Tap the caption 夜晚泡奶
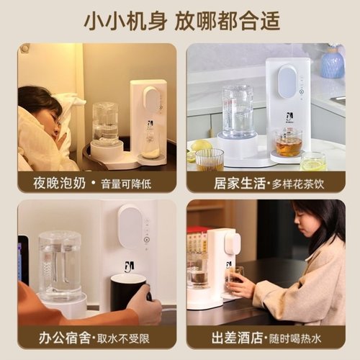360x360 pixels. [54, 183]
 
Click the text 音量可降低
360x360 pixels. [130, 184]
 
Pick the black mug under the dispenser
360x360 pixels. [127, 291]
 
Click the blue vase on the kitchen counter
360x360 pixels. [332, 63]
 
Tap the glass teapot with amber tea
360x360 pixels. [287, 143]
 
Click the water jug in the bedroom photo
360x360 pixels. [105, 123]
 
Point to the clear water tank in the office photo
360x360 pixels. [59, 264]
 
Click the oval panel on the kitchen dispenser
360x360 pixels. [287, 81]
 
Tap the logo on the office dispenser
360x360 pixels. [129, 266]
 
